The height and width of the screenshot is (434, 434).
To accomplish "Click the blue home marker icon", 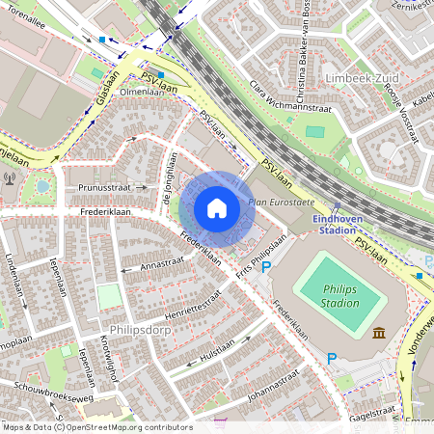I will (217, 208).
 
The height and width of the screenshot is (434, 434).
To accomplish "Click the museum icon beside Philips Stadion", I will (377, 334).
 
